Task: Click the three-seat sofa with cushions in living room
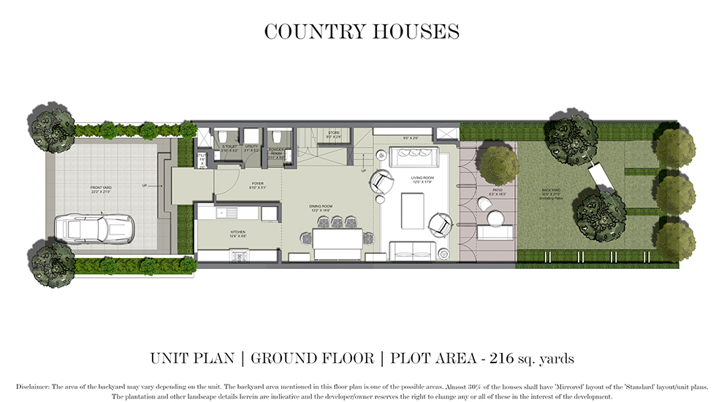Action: pyautogui.click(x=414, y=158)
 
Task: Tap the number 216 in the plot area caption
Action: pyautogui.click(x=503, y=359)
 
